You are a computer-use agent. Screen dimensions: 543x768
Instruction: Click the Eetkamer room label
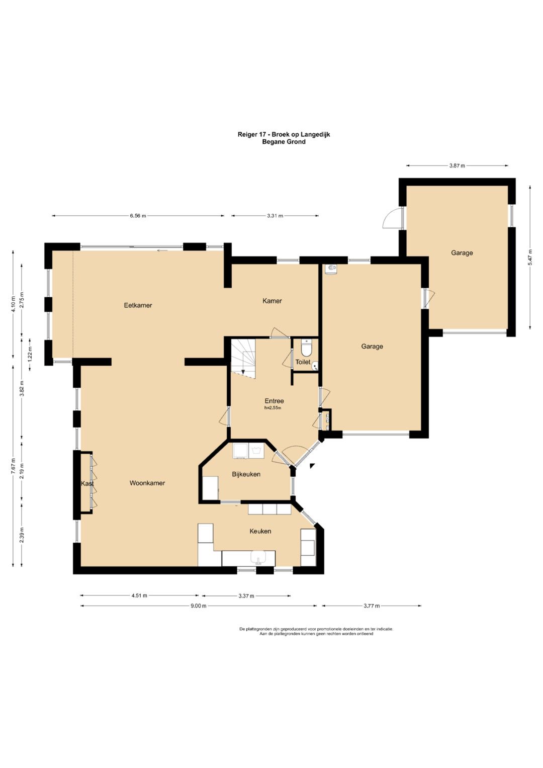(138, 305)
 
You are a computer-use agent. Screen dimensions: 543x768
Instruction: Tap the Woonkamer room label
(147, 483)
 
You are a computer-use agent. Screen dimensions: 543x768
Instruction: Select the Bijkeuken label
(246, 474)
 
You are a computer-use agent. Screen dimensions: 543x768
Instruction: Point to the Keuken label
(260, 531)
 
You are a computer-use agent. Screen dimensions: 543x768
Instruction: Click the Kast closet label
(87, 483)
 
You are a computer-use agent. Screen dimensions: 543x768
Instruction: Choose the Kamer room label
(272, 301)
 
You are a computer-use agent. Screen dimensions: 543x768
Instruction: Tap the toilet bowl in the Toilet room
(306, 349)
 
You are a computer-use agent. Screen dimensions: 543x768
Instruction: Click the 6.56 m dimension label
(138, 216)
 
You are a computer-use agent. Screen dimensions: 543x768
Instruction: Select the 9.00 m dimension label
(199, 606)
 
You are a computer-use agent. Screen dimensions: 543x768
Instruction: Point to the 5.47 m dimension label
(530, 257)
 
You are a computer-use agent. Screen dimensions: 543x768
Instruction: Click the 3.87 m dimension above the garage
(457, 165)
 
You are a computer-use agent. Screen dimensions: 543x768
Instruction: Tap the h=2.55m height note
(273, 408)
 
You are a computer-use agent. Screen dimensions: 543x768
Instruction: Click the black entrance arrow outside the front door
(312, 466)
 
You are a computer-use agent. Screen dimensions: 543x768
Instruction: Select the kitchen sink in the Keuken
(258, 557)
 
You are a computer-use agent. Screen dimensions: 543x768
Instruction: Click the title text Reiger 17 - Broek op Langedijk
(284, 134)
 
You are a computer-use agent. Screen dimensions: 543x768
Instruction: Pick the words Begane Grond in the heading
(284, 142)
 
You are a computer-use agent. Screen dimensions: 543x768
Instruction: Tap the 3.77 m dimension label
(372, 606)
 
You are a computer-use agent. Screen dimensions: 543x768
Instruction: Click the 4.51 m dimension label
(139, 595)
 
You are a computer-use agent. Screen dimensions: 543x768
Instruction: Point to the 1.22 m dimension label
(30, 355)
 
